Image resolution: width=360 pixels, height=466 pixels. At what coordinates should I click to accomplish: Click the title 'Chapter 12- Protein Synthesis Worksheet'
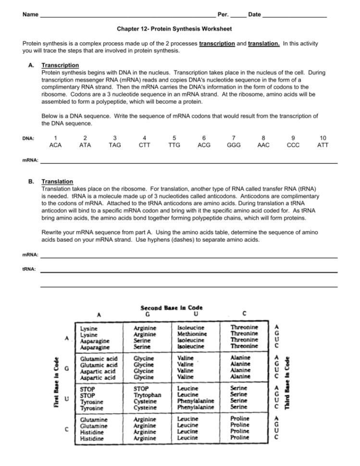(174, 29)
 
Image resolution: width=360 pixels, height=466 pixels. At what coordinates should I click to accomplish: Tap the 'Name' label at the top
(30, 14)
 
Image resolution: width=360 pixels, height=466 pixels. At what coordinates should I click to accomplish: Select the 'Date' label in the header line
(255, 14)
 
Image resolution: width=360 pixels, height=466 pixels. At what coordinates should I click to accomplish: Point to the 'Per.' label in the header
(223, 14)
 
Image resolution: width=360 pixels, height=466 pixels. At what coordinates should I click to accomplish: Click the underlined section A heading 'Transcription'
(60, 65)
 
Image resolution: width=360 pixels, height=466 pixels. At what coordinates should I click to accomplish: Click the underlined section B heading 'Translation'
(57, 182)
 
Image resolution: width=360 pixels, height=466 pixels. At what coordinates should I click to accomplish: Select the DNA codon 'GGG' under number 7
(234, 145)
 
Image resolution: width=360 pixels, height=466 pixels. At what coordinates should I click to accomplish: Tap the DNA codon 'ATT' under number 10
(323, 145)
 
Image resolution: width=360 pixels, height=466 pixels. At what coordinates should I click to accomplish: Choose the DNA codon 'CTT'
(145, 145)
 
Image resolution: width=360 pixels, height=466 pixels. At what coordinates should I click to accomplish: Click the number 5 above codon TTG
(174, 137)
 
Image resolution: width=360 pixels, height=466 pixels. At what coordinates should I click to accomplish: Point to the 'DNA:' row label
(28, 139)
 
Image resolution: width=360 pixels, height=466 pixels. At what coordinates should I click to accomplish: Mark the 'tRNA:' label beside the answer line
(29, 270)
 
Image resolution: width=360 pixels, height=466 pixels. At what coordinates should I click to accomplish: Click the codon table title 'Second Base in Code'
(171, 307)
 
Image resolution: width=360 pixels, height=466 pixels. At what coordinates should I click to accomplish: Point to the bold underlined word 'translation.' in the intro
(264, 44)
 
